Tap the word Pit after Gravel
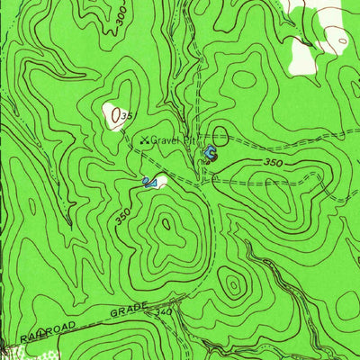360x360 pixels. click(188, 140)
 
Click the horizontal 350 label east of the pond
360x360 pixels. click(274, 163)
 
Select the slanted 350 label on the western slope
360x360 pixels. click(123, 215)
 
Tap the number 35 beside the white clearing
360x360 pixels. click(127, 117)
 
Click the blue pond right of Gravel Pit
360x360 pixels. click(210, 154)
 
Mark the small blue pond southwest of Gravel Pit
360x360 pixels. click(148, 184)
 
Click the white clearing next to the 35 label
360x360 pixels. click(113, 114)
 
